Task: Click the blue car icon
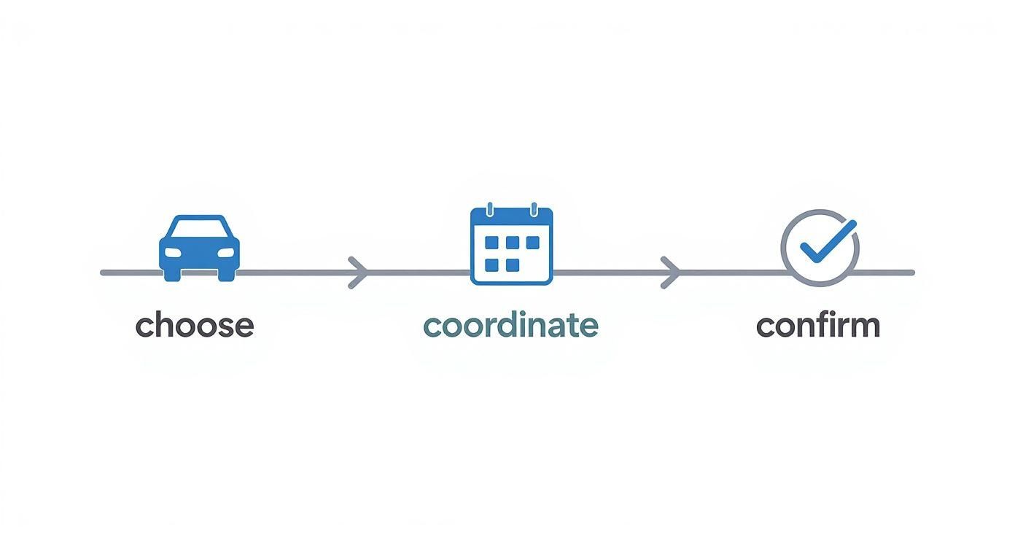click(x=199, y=248)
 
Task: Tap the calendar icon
click(x=512, y=245)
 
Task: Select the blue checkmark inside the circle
click(x=828, y=241)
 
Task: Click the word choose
click(x=195, y=325)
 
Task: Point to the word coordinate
click(x=510, y=325)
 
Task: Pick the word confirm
click(x=818, y=325)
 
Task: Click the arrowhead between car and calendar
click(x=358, y=273)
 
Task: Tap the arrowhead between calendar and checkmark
click(x=670, y=273)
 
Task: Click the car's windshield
click(x=199, y=228)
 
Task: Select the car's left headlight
click(x=173, y=252)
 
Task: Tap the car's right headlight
click(x=225, y=252)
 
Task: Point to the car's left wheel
click(x=172, y=275)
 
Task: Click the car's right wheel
click(x=227, y=275)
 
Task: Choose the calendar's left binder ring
click(x=489, y=210)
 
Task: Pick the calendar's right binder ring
click(x=534, y=210)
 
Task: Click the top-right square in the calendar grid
click(x=533, y=242)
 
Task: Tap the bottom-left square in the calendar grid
click(x=491, y=265)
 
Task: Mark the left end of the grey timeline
click(x=102, y=273)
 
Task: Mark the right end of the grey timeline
click(x=912, y=273)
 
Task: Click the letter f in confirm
click(x=825, y=324)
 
